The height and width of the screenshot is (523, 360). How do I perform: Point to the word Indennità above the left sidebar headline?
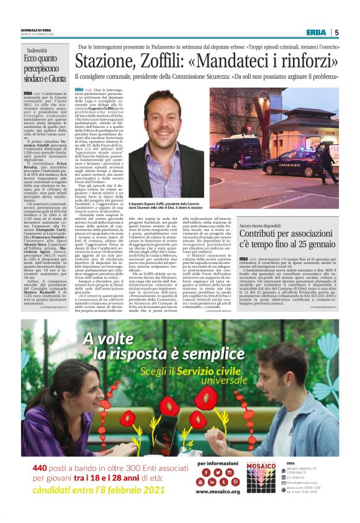coord(37,49)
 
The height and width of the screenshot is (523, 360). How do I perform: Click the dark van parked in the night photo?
coord(233,154)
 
